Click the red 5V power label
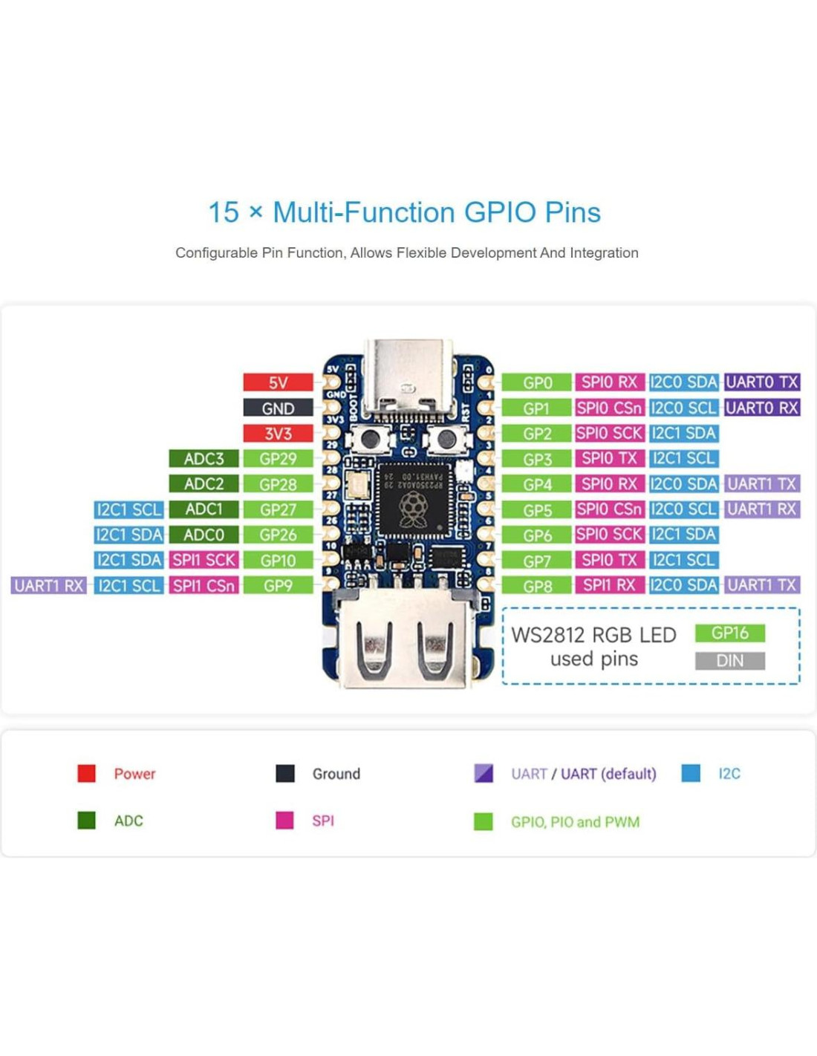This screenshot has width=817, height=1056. tap(278, 382)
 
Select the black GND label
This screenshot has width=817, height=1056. tap(278, 408)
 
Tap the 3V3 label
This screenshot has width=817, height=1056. tap(278, 434)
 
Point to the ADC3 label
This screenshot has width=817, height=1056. tap(204, 459)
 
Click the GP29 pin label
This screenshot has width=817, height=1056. tap(278, 459)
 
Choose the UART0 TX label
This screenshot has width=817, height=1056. tap(762, 382)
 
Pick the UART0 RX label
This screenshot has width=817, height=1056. tap(762, 408)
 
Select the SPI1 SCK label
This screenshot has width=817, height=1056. tap(204, 560)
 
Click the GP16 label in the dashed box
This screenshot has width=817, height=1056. tap(729, 633)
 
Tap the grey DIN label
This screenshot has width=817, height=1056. tap(729, 660)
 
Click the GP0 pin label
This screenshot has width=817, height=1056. tap(537, 382)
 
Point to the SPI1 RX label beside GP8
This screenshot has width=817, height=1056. tap(609, 585)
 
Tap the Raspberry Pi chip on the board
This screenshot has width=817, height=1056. tap(413, 499)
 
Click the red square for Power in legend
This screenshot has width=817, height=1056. tap(87, 773)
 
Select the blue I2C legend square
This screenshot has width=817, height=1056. tap(691, 773)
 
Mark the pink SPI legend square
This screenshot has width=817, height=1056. tap(284, 820)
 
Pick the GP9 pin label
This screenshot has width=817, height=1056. tap(278, 585)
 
